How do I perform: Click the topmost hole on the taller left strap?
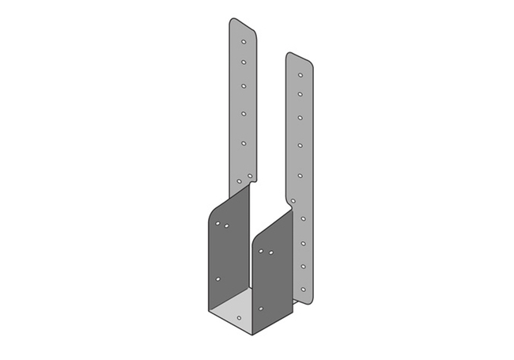click(x=244, y=41)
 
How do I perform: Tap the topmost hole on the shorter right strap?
click(x=300, y=74)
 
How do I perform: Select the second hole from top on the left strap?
click(x=244, y=62)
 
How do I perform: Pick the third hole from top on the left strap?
click(x=244, y=85)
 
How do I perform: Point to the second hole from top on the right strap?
click(x=300, y=94)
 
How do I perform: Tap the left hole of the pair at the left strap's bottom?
click(x=240, y=180)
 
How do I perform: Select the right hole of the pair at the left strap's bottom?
click(x=250, y=176)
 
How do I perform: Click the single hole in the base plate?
click(x=239, y=316)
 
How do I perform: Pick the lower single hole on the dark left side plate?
click(x=218, y=279)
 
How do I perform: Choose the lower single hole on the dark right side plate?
click(x=261, y=308)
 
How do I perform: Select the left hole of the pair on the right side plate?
click(x=261, y=252)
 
